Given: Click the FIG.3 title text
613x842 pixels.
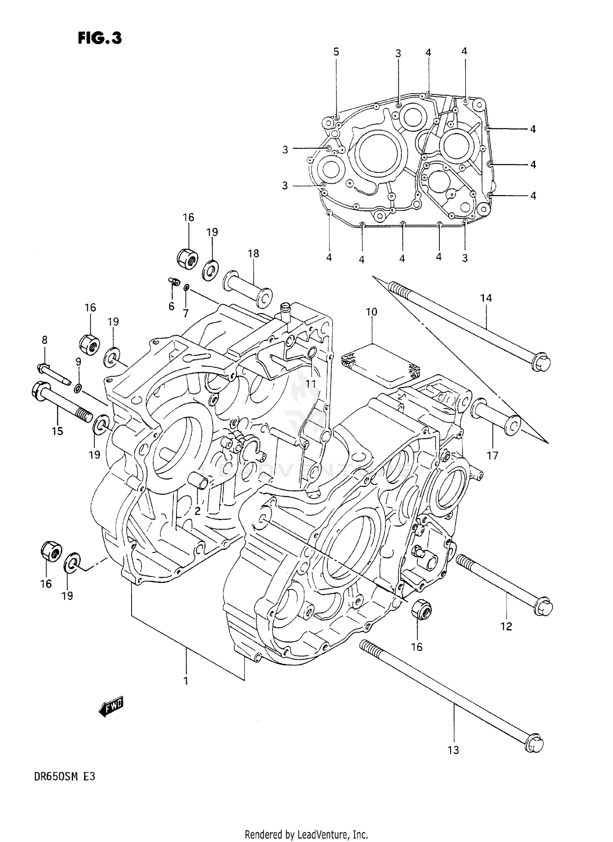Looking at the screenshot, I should [100, 38].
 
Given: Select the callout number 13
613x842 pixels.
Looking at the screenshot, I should [453, 750].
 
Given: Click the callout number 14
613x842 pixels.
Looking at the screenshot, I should [486, 298].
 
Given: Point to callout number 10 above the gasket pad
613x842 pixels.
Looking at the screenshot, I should [371, 312].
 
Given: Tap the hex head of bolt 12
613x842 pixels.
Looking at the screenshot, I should [544, 608].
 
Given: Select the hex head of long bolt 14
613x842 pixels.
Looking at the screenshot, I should [541, 362].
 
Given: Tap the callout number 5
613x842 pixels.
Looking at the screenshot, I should [336, 52].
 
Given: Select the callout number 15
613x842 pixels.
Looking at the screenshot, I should [57, 431].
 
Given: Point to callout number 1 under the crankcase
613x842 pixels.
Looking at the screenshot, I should [186, 681].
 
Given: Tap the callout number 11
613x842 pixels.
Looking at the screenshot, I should [311, 384].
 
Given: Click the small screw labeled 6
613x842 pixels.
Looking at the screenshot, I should [175, 281].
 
